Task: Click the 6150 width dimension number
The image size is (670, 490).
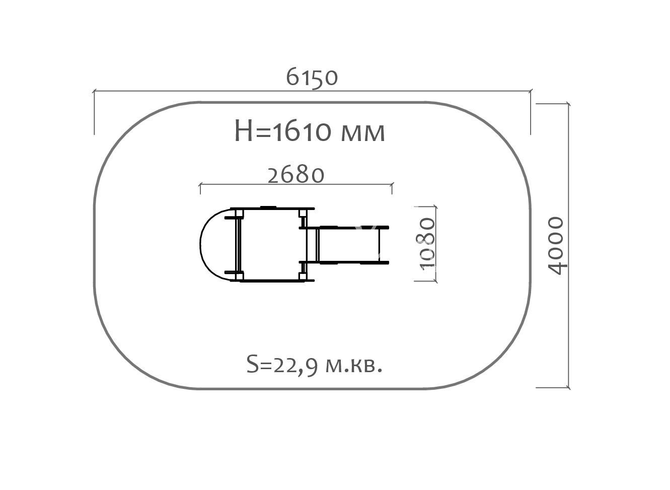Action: (x=312, y=77)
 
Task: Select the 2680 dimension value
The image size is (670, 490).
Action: (x=296, y=175)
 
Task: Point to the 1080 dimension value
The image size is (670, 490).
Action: (x=427, y=244)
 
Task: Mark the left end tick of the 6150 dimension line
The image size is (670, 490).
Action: (x=94, y=91)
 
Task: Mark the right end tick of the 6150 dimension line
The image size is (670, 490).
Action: (x=531, y=91)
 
